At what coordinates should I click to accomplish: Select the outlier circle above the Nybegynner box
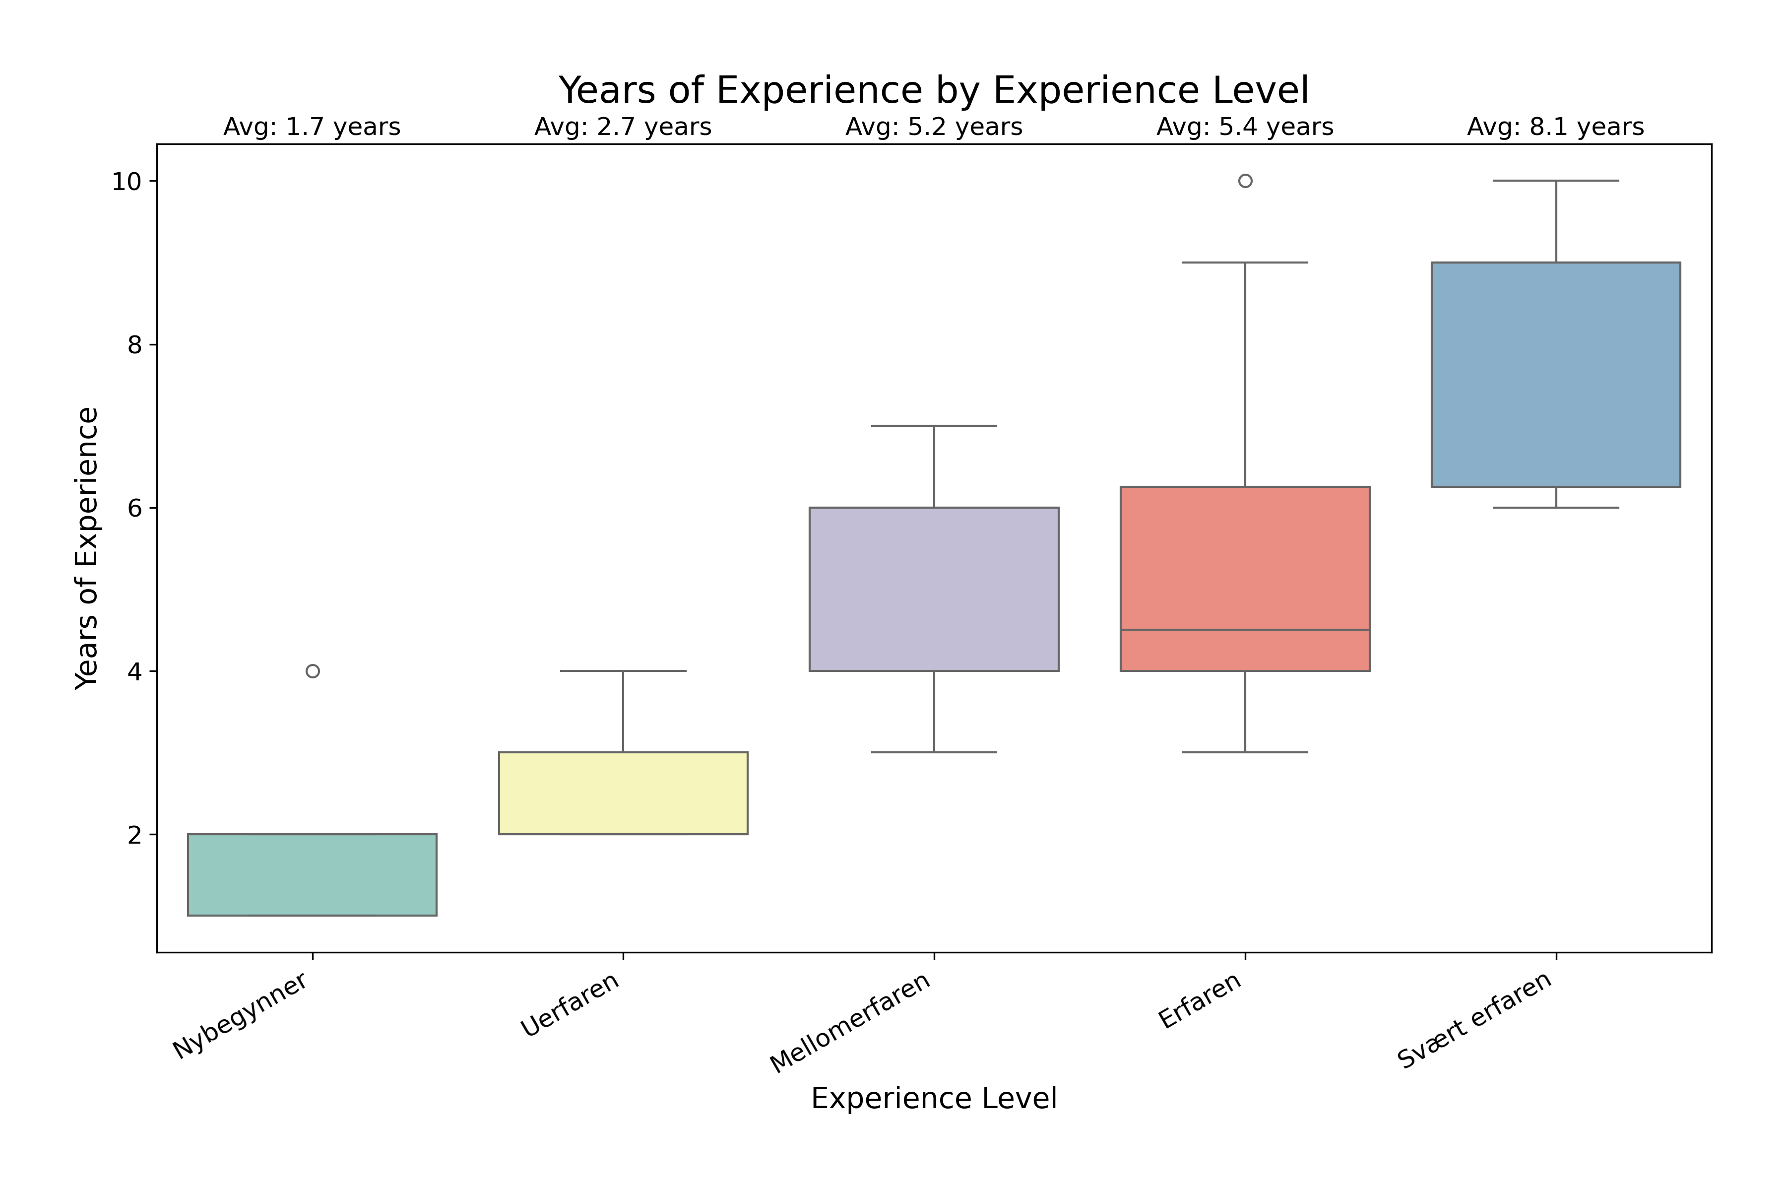pos(312,671)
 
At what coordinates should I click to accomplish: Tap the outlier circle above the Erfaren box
pos(1245,181)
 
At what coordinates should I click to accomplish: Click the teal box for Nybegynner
pos(312,874)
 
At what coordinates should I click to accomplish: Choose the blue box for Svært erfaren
pos(1555,375)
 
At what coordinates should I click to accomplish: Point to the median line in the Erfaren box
pos(1245,630)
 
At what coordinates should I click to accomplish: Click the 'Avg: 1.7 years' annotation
pos(312,127)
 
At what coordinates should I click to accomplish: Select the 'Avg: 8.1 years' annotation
pos(1555,127)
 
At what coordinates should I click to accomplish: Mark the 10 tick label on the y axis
pos(127,182)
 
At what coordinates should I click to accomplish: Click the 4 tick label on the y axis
pos(134,671)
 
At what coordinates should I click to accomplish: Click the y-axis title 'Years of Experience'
pos(87,548)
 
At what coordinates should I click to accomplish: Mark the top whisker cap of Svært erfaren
pos(1555,181)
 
